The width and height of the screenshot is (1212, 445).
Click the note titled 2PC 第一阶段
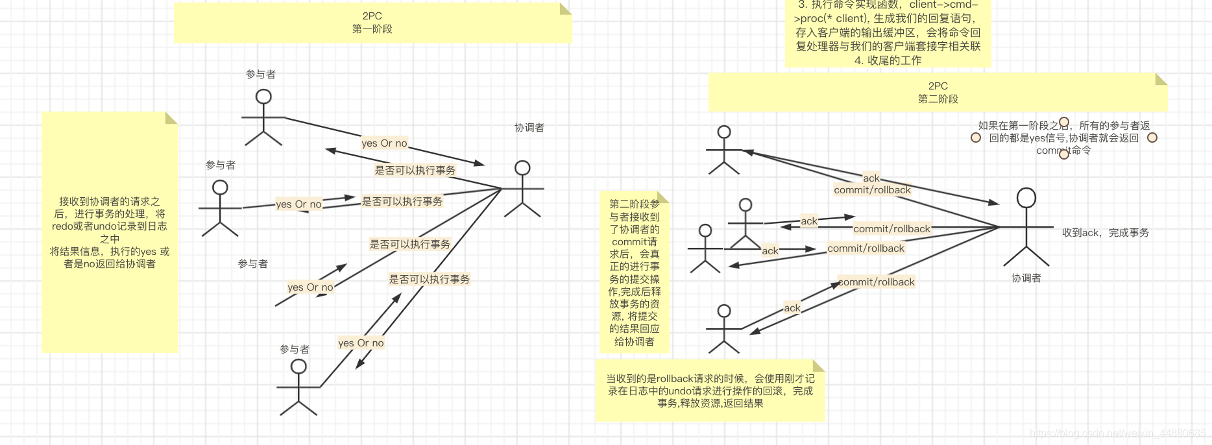point(372,23)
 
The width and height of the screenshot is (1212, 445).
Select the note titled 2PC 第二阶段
point(938,92)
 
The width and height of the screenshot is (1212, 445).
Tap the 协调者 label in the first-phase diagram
point(529,128)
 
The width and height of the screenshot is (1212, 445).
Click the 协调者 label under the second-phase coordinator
point(1026,278)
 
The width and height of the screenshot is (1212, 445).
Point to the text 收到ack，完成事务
point(1105,233)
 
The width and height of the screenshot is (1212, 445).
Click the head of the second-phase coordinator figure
point(1026,198)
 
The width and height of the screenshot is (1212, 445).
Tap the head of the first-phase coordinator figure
point(522,168)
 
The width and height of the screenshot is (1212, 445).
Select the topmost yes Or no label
point(384,143)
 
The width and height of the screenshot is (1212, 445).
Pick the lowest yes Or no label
point(361,343)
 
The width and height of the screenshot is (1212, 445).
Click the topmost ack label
point(871,178)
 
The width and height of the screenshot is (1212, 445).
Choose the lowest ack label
point(792,308)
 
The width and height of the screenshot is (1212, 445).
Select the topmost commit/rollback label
point(872,190)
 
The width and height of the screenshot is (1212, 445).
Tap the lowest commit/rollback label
point(877,282)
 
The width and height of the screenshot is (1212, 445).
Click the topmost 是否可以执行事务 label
point(415,171)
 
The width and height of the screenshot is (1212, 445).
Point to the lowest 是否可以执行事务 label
point(429,280)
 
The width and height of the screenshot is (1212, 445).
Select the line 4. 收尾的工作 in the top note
point(888,60)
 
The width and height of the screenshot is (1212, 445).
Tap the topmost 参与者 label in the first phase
point(260,75)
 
